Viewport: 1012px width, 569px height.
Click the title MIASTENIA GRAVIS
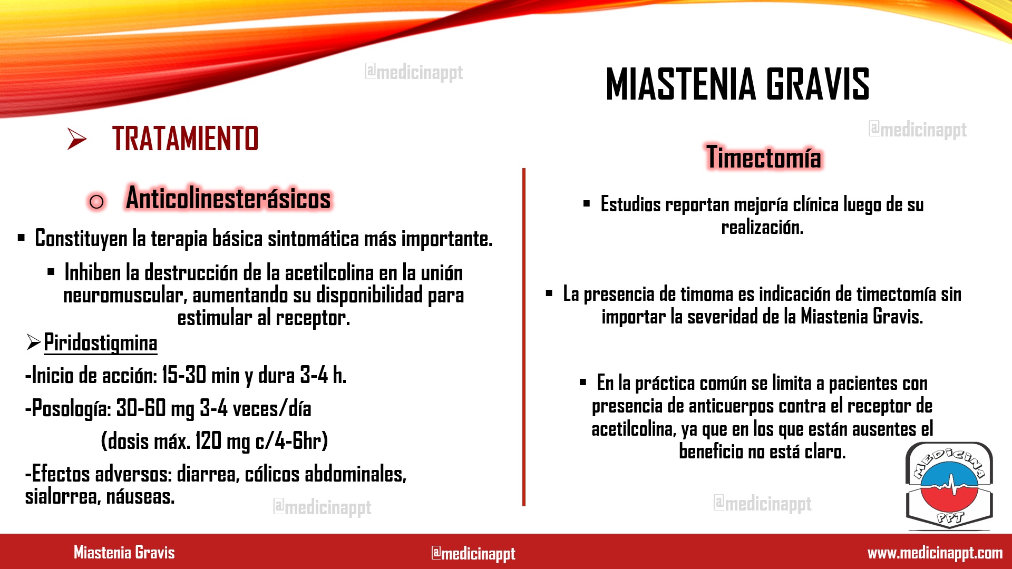tap(737, 84)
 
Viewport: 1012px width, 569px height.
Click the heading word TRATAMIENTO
tap(185, 139)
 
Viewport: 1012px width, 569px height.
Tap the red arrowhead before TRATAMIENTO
tap(77, 139)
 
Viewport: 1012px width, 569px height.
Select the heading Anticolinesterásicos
tap(228, 198)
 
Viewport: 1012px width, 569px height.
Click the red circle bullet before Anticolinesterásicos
tap(96, 201)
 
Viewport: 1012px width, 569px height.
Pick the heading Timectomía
tap(764, 157)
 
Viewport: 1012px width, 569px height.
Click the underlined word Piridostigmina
tap(100, 343)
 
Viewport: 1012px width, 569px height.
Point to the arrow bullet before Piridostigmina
tap(33, 343)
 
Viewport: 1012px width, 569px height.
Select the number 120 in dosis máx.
tap(209, 441)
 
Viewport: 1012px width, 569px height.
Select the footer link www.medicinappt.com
tap(935, 553)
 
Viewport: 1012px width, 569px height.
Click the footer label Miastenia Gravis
tap(124, 552)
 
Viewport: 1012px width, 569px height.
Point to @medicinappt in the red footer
tap(473, 553)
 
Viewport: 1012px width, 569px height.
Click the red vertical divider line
tap(524, 337)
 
